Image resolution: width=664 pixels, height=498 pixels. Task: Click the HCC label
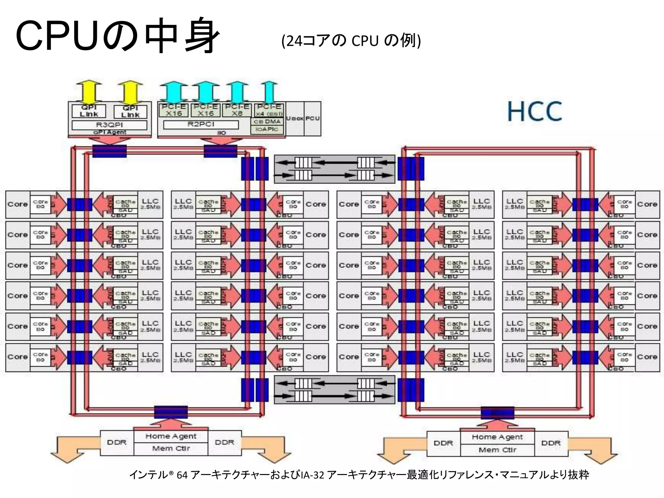tap(534, 111)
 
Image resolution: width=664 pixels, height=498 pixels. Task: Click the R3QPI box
tap(109, 125)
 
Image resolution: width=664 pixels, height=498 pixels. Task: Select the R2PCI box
tap(201, 124)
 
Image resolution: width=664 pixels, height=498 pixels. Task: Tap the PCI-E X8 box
tap(237, 110)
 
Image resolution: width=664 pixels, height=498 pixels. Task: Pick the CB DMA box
tap(267, 122)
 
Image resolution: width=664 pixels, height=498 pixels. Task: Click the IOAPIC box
tap(267, 129)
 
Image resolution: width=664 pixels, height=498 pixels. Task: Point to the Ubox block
tap(294, 119)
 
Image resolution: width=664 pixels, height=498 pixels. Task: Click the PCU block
tap(313, 119)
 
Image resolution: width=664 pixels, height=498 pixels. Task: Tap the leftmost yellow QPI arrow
tap(89, 92)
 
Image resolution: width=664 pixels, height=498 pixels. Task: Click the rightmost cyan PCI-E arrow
tap(269, 92)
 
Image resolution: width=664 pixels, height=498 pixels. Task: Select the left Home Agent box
tap(171, 436)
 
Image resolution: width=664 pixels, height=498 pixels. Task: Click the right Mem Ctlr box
tap(497, 450)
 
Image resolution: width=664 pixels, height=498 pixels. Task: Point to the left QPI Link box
tap(89, 111)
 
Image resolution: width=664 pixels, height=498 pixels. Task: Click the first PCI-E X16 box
tap(174, 110)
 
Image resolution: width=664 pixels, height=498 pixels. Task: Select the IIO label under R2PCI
tap(221, 133)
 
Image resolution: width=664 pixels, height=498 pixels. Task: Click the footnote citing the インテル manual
tap(359, 475)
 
